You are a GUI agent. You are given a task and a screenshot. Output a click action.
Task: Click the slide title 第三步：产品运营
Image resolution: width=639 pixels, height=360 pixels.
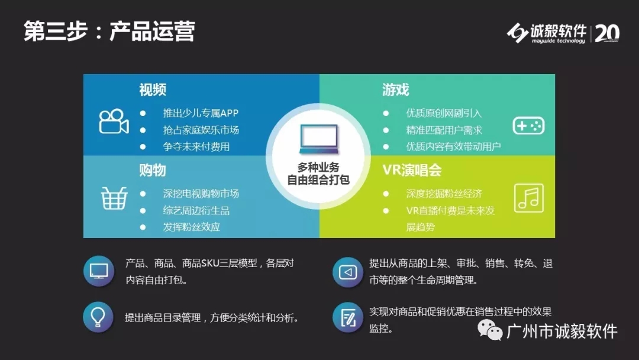point(109,31)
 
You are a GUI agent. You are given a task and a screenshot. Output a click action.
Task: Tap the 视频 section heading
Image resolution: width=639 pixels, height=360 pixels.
point(153,89)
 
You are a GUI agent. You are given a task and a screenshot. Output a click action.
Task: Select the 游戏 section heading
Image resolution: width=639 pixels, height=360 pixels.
point(395,89)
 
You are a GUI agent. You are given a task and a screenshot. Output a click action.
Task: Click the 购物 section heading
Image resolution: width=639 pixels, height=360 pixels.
point(153,170)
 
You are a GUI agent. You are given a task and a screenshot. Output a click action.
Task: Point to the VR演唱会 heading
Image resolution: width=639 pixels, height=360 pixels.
point(412,170)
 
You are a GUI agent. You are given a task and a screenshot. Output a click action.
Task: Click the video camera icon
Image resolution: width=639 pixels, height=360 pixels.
point(114,121)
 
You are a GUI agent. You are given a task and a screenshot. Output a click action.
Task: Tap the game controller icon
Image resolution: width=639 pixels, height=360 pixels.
point(528,126)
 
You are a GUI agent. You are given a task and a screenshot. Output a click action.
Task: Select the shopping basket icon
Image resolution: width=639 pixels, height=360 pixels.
point(114,198)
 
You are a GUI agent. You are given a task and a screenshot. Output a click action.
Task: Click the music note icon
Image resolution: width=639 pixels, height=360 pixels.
point(529,198)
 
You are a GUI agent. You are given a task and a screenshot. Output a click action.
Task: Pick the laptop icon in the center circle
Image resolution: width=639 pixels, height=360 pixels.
point(319,139)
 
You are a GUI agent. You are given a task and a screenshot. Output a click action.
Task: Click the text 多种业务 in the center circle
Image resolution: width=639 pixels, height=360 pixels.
point(318,167)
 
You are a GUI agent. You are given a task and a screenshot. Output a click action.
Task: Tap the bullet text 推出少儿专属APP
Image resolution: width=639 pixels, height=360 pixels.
point(201,113)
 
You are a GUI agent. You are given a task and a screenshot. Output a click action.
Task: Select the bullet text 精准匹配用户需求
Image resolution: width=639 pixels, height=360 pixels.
point(444,130)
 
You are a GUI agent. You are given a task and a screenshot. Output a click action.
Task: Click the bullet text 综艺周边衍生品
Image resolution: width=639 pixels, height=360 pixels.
point(196,210)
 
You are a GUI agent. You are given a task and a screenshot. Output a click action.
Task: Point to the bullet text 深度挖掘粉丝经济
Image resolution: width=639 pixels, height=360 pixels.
point(444,193)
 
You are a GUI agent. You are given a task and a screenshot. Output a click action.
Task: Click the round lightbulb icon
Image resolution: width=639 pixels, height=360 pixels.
point(98,317)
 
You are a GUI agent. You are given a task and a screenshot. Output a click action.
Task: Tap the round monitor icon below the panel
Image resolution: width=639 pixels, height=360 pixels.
point(99,271)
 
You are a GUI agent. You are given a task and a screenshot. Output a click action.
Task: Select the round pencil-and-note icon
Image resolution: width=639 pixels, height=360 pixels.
point(348,317)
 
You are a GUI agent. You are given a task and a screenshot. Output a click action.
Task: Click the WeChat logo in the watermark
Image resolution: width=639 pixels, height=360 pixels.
point(490,330)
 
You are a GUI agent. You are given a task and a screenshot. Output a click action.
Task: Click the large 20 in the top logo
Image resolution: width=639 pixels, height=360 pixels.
point(607,33)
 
